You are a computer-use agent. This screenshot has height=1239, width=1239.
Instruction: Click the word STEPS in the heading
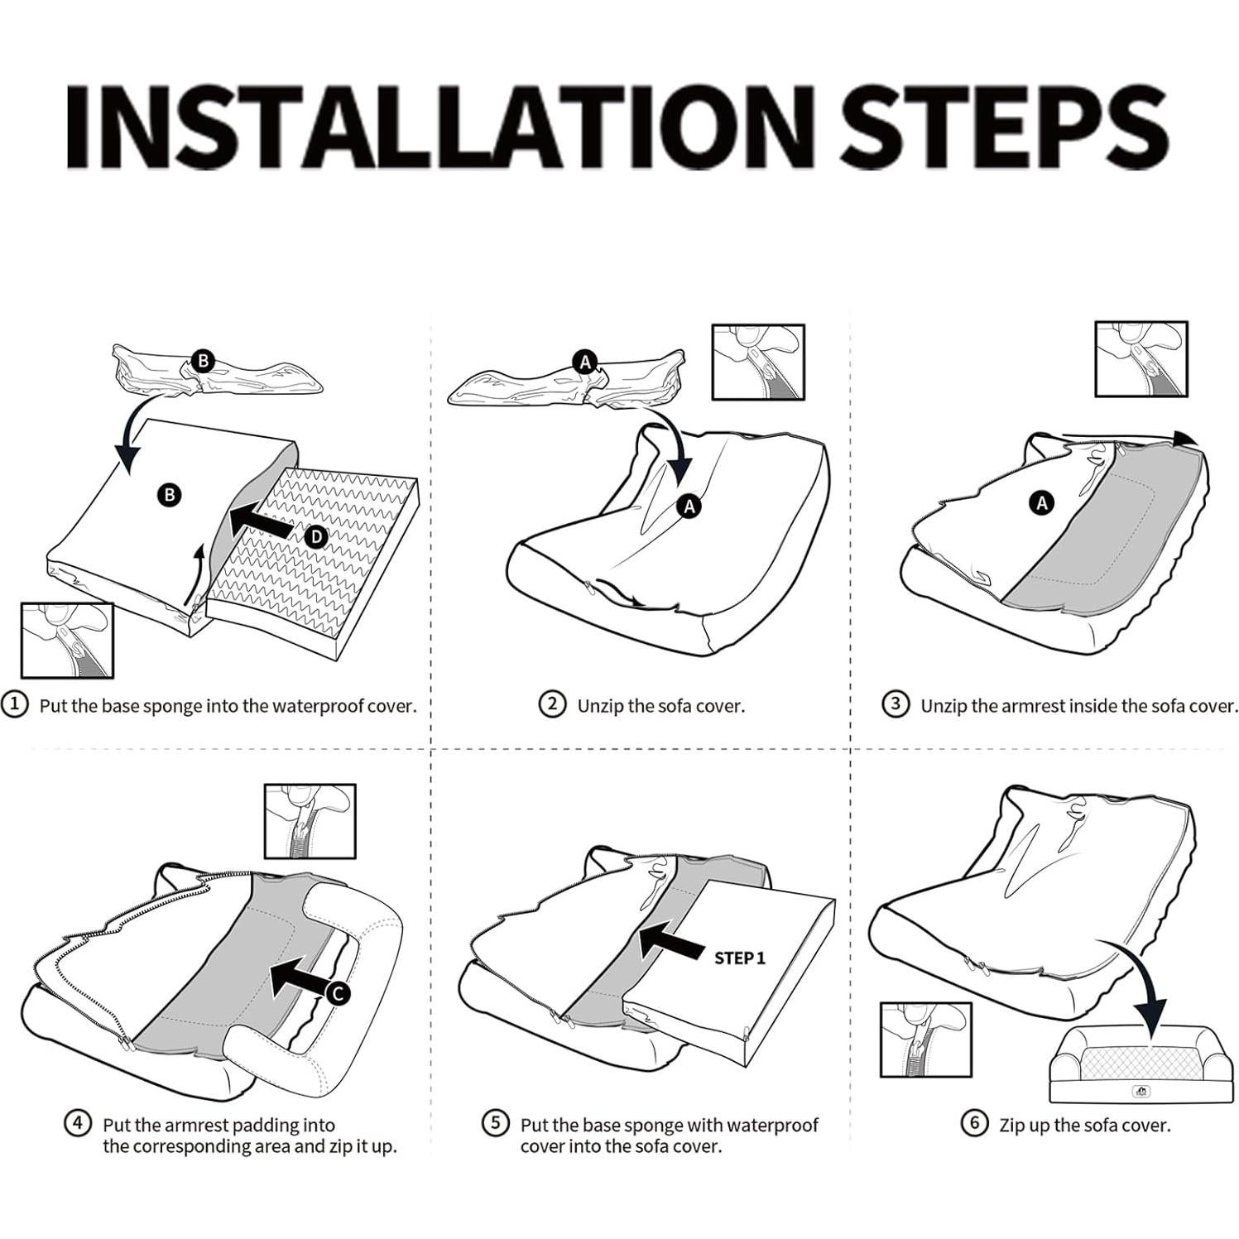(x=1003, y=127)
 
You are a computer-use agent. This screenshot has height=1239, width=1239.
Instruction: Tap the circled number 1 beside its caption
(x=14, y=705)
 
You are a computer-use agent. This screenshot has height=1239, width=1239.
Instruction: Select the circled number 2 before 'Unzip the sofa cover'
(x=552, y=705)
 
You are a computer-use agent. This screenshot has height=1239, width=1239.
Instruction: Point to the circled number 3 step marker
(x=896, y=705)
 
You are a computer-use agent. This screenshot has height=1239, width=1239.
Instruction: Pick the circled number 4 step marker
(x=78, y=1123)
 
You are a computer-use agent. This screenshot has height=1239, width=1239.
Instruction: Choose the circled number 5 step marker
(x=495, y=1123)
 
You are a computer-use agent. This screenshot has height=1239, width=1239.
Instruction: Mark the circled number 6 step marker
(x=974, y=1123)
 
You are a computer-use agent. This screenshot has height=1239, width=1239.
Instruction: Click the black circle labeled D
(x=316, y=537)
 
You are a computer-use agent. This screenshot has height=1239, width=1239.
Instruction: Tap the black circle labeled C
(x=338, y=993)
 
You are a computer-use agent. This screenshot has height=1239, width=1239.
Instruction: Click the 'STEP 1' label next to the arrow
(x=740, y=958)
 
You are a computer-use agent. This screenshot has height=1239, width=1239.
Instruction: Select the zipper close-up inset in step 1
(x=67, y=641)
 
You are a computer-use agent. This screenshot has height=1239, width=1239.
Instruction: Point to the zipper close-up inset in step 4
(x=310, y=821)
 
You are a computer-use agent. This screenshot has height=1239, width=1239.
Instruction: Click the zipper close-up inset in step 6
(x=926, y=1040)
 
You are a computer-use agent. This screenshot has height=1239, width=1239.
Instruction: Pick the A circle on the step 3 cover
(x=1042, y=502)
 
